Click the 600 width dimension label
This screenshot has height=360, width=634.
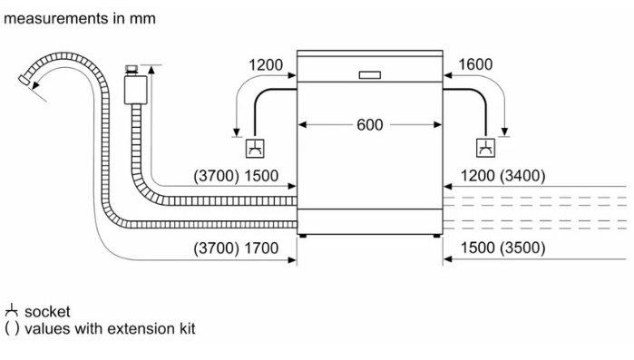click(369, 125)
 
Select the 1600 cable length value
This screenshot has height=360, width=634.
click(475, 64)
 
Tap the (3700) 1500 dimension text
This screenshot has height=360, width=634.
click(236, 176)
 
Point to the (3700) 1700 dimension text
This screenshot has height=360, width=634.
click(236, 248)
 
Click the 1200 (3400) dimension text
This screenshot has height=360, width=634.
click(503, 176)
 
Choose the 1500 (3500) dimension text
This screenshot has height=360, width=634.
click(503, 248)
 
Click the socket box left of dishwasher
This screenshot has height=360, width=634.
click(255, 149)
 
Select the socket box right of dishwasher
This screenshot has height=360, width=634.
click(485, 148)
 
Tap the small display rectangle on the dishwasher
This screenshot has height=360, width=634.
click(369, 75)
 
